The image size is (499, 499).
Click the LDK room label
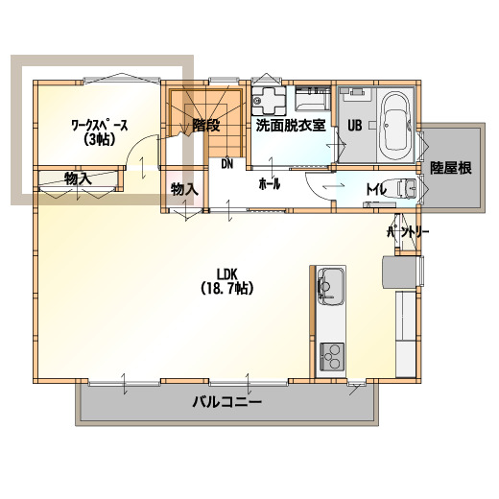point(226,273)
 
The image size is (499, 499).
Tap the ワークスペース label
point(100,125)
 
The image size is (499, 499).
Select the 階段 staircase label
point(206,125)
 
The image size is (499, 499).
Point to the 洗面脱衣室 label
point(291,125)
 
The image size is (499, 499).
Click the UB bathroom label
point(355,126)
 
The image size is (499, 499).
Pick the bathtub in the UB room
point(396,125)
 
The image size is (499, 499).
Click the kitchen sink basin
point(331,287)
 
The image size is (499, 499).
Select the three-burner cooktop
point(332,357)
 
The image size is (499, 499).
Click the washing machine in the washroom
point(269,101)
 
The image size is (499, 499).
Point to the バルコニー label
point(226,401)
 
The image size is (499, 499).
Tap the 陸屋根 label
point(451,168)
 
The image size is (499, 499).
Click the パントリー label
point(408,232)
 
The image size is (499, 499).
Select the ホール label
point(269,184)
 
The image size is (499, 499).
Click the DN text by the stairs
point(227,164)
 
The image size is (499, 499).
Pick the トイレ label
point(376,190)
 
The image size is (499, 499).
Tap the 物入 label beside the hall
point(184,189)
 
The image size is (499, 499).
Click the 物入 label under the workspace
point(78,178)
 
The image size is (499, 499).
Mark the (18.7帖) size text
point(227,289)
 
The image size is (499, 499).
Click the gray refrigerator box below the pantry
point(401,272)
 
